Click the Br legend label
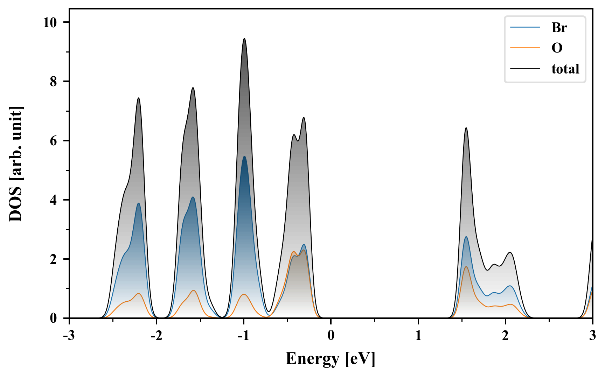click(x=559, y=28)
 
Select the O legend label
click(x=557, y=48)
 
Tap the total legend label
click(x=565, y=69)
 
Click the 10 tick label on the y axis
click(x=50, y=22)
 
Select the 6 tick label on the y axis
click(x=53, y=141)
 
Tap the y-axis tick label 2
click(x=53, y=259)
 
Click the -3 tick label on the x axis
click(x=69, y=336)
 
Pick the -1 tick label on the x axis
click(x=243, y=336)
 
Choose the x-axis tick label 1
click(x=418, y=336)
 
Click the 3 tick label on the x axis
click(x=592, y=336)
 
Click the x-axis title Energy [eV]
click(x=331, y=359)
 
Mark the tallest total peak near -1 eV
click(x=244, y=38)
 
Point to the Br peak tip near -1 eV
click(x=244, y=156)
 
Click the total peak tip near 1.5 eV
click(x=466, y=128)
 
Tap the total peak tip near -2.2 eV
click(x=139, y=98)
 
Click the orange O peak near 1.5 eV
click(x=466, y=267)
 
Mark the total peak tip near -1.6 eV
click(x=193, y=88)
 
